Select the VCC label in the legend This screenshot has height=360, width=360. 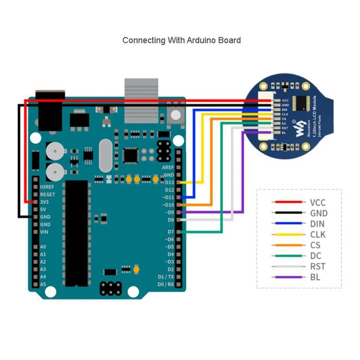(x=317, y=202)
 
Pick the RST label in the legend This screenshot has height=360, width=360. (x=318, y=266)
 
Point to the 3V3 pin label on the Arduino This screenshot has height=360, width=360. (x=45, y=202)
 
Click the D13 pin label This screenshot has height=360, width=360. (x=169, y=182)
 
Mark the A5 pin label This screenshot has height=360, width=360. (x=43, y=284)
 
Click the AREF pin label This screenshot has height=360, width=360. (x=167, y=167)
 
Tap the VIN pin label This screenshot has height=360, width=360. (x=45, y=232)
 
